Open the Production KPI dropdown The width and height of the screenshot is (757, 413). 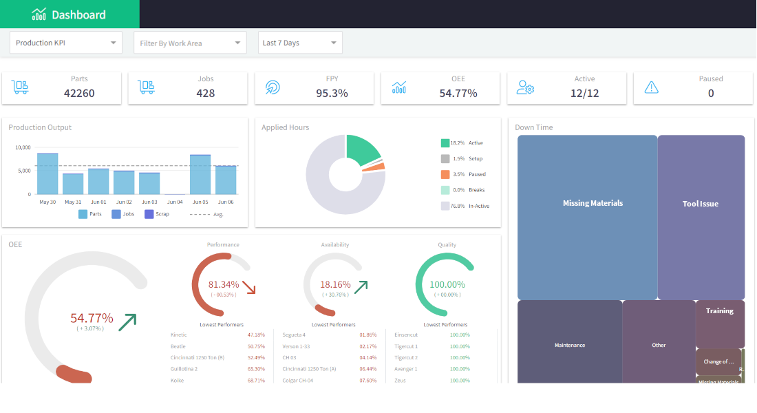click(65, 43)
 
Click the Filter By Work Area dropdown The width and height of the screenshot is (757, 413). click(190, 43)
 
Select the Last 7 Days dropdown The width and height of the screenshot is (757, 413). click(300, 43)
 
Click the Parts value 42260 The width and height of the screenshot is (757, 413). click(79, 93)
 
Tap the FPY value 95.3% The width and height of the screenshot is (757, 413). click(332, 93)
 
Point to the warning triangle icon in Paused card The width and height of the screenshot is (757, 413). click(651, 87)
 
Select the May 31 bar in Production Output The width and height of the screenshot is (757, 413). click(73, 184)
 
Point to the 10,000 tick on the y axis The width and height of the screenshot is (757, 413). click(23, 147)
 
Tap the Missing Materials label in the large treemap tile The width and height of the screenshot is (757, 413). click(593, 203)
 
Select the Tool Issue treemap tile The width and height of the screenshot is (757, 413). click(701, 204)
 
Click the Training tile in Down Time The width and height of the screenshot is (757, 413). click(719, 311)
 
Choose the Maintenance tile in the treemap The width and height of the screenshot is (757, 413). click(570, 345)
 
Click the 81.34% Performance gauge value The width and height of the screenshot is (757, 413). click(224, 284)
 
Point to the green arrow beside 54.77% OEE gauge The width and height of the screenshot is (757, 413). click(127, 321)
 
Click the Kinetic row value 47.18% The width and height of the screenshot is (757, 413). click(255, 335)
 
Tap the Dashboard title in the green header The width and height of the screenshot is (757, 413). click(78, 14)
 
